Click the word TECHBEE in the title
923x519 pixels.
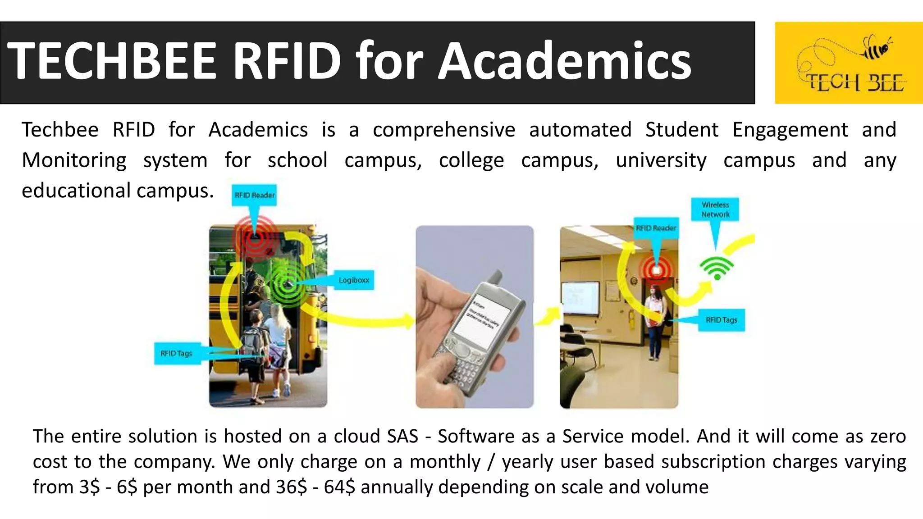click(x=112, y=61)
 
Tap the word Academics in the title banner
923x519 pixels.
click(x=564, y=61)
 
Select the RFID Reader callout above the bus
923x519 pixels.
click(x=254, y=195)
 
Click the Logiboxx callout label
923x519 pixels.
click(x=354, y=280)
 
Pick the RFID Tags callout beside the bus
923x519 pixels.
click(x=177, y=353)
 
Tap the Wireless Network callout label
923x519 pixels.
click(x=715, y=209)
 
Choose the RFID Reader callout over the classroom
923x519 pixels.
click(x=656, y=228)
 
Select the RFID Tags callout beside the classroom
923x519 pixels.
click(x=721, y=320)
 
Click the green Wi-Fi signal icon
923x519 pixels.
click(x=717, y=268)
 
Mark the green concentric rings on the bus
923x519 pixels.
click(x=287, y=284)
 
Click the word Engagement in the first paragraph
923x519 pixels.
click(x=790, y=130)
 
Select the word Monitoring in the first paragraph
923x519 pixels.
click(x=74, y=160)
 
